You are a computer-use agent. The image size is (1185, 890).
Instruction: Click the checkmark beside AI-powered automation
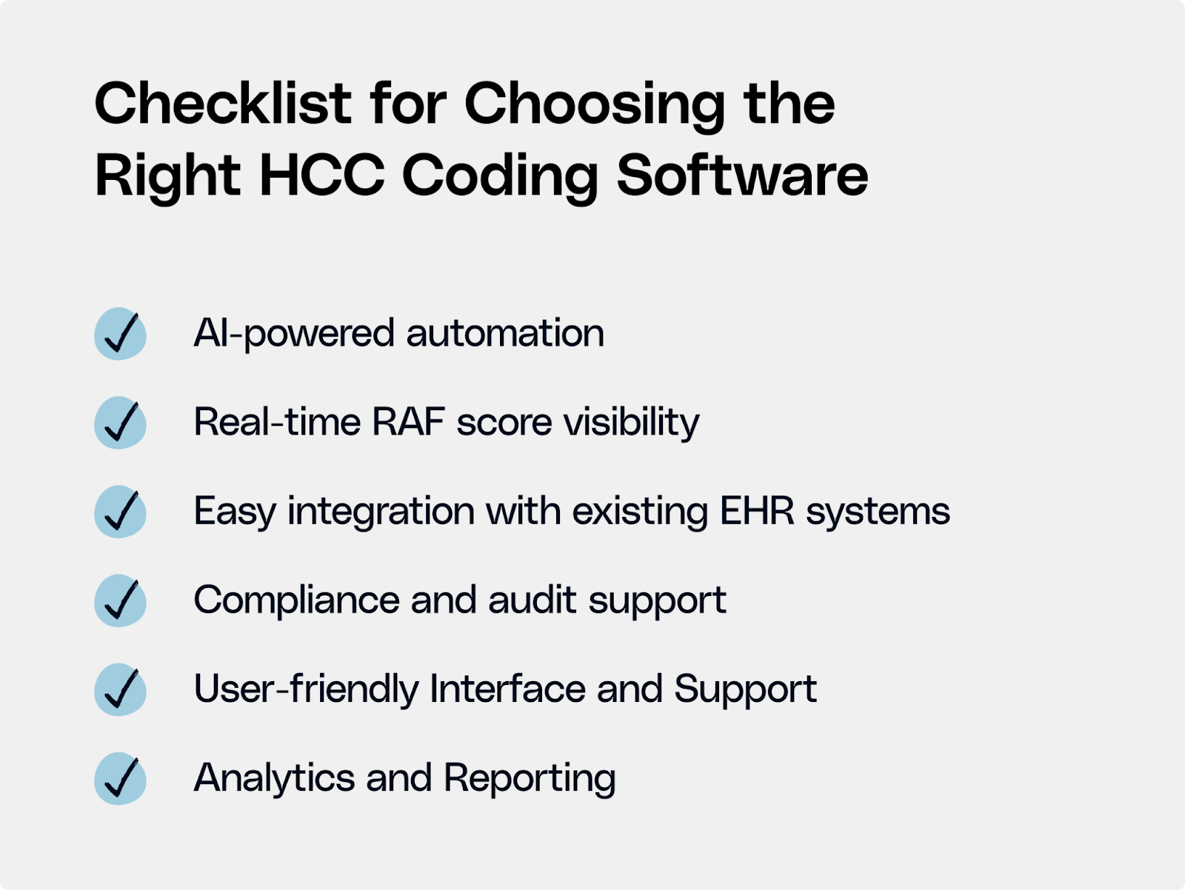point(120,334)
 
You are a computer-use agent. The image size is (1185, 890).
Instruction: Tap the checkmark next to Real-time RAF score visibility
point(120,423)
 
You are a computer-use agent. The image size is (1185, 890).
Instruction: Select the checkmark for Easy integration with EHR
point(120,512)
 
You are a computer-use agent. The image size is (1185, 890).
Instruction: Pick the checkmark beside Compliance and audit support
point(120,600)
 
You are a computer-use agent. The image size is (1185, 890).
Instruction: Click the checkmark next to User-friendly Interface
point(120,689)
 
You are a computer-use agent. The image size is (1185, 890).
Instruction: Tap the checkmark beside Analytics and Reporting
point(120,778)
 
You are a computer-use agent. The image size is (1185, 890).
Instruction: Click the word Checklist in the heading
point(223,104)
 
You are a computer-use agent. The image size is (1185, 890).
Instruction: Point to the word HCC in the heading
point(322,176)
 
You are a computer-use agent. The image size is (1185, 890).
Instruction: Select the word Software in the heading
point(742,176)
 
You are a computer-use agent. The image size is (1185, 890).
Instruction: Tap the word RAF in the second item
point(408,422)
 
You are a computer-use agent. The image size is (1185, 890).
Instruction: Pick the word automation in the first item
point(505,333)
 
